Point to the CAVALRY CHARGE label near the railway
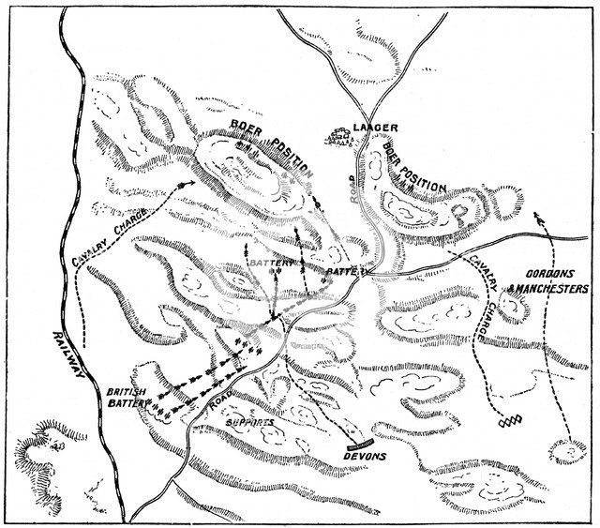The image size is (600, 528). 109,234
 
